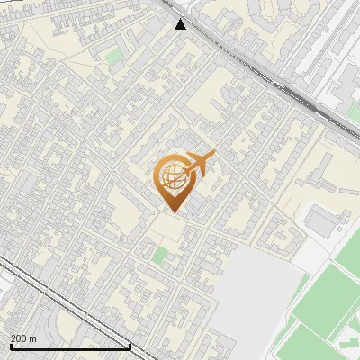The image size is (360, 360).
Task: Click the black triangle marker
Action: pos(181,24)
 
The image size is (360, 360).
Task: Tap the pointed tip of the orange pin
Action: pos(174,211)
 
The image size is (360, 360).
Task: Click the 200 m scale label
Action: pos(23,338)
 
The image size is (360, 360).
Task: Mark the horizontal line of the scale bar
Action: pos(70,346)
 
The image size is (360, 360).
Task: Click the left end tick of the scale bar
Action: pos(10,346)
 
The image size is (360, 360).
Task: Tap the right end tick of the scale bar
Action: pos(130,346)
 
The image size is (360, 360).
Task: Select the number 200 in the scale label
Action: pos(19,338)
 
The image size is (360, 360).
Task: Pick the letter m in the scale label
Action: pos(32,338)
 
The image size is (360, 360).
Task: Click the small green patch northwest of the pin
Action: pos(112,57)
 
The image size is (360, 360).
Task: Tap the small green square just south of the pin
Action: pos(159,256)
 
